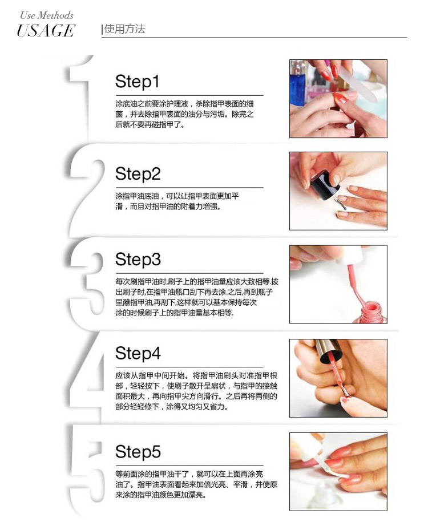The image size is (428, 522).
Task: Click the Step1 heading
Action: tap(137, 82)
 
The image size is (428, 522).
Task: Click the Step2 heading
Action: tap(138, 174)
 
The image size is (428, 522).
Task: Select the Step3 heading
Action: tap(138, 260)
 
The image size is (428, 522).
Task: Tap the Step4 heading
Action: tap(138, 353)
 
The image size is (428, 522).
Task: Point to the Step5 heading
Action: tap(138, 452)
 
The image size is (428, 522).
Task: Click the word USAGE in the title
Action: tap(46, 31)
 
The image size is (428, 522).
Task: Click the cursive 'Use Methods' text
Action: tap(47, 15)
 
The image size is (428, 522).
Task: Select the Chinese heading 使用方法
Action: tap(124, 29)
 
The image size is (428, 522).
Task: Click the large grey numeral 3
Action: tap(87, 284)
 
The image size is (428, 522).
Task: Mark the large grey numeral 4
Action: tap(86, 378)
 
